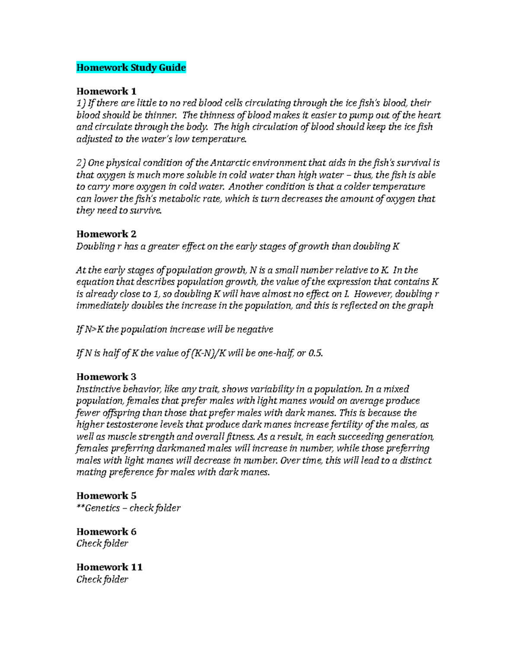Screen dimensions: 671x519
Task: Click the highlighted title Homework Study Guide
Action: (131, 67)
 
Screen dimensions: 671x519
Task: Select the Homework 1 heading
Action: (106, 91)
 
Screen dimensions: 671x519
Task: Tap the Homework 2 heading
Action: (106, 234)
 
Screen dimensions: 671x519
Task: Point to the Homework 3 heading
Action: (106, 377)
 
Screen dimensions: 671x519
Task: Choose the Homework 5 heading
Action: (106, 496)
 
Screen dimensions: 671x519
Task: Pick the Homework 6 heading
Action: (106, 531)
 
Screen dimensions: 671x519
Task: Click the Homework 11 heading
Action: (109, 567)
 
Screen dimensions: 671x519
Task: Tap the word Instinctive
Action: (99, 389)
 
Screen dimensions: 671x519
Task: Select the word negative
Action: (256, 329)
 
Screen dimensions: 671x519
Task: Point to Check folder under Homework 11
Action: (102, 579)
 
